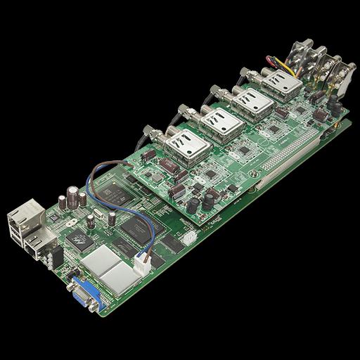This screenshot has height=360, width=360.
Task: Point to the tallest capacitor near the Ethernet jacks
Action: pos(72,195)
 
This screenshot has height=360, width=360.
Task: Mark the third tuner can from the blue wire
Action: pos(254,103)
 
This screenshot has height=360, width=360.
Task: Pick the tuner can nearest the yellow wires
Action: pos(285,84)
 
